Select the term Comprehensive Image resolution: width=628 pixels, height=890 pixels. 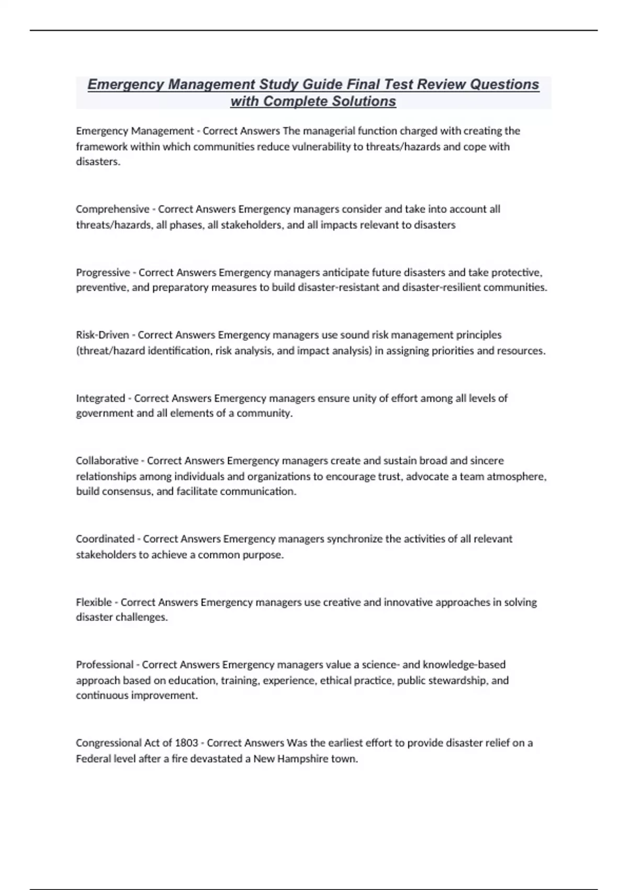(113, 209)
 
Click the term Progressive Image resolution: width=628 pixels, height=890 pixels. (103, 272)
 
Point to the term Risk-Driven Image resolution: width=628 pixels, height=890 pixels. (103, 335)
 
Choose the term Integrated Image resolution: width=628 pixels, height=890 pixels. (100, 398)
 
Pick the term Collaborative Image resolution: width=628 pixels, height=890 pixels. (107, 461)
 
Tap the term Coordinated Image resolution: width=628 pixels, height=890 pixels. (105, 539)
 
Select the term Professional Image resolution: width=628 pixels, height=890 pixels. (105, 664)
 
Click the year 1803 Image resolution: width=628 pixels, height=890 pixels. (186, 743)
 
